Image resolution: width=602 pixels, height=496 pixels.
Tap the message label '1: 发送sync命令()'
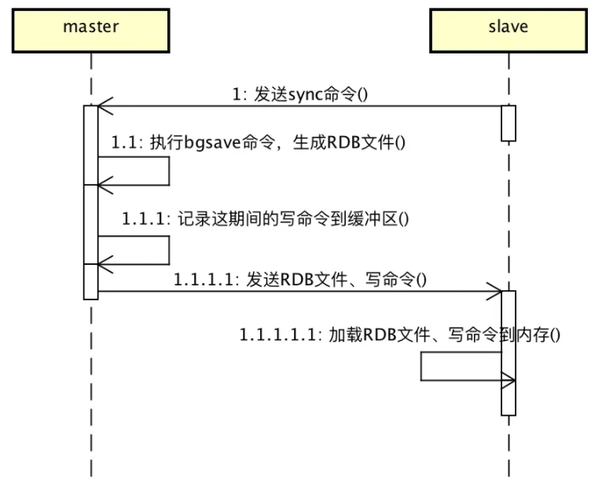click(x=301, y=94)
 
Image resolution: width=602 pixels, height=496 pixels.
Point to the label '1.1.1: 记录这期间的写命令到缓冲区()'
click(x=266, y=219)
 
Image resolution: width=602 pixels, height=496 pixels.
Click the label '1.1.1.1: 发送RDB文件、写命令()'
click(x=300, y=279)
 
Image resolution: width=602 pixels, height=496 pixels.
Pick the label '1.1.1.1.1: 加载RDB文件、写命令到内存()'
click(x=400, y=335)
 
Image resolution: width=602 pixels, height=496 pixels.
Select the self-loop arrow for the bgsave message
click(x=168, y=171)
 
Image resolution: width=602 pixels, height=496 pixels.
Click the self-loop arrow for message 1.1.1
click(x=168, y=250)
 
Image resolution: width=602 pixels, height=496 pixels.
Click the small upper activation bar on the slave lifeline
click(x=508, y=123)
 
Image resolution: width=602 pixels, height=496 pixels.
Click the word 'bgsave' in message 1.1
click(x=208, y=144)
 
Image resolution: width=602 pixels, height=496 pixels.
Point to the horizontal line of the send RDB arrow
click(x=299, y=292)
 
